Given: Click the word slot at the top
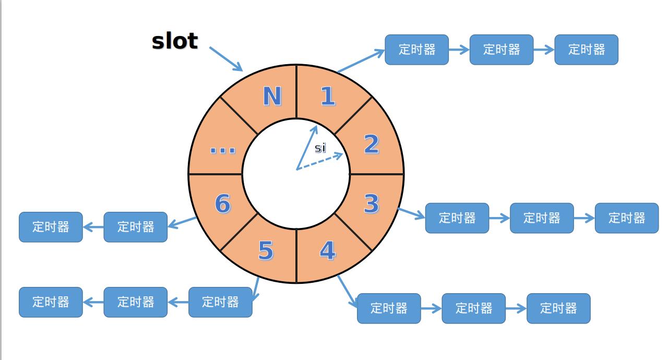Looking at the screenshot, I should [175, 41].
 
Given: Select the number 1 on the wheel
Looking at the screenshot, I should [327, 96].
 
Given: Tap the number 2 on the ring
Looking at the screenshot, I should [371, 144].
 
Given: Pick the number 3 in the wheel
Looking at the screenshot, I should [371, 203].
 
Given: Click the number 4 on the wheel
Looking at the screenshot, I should [327, 251].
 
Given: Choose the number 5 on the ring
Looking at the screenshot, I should [266, 251].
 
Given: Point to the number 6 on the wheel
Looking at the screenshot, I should [222, 203].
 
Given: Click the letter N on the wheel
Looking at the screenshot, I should [271, 97].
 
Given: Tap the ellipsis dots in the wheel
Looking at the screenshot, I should [222, 150].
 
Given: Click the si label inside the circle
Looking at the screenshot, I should [320, 148].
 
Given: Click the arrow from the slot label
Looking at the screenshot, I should [226, 59].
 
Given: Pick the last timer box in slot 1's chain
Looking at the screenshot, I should [586, 50].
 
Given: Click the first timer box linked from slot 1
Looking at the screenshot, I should [416, 50].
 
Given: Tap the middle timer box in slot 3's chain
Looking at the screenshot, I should [542, 218].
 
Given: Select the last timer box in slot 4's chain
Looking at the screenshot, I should [558, 308].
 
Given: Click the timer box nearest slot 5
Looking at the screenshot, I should [220, 302].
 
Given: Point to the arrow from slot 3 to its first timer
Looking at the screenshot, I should [411, 213].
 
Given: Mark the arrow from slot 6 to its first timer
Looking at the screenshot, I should [182, 223].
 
